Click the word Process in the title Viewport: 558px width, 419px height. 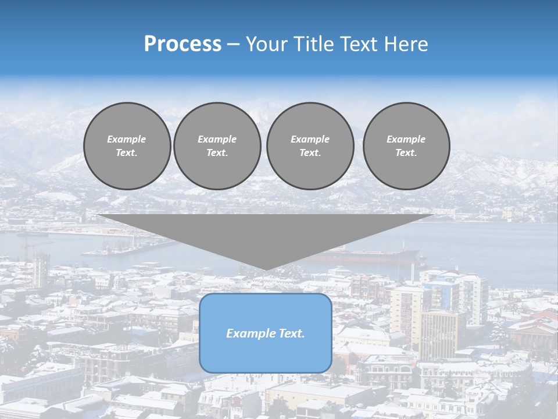183,44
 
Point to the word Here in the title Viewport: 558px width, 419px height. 406,44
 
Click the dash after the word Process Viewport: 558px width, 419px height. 233,45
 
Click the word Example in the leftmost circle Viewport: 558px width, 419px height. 127,139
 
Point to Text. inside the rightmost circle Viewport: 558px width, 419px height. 406,152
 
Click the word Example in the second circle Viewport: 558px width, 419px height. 217,139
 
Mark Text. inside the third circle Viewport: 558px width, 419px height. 310,152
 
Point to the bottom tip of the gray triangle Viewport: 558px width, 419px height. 266,268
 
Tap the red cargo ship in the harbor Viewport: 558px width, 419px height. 372,255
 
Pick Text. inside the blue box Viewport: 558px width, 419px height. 291,333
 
